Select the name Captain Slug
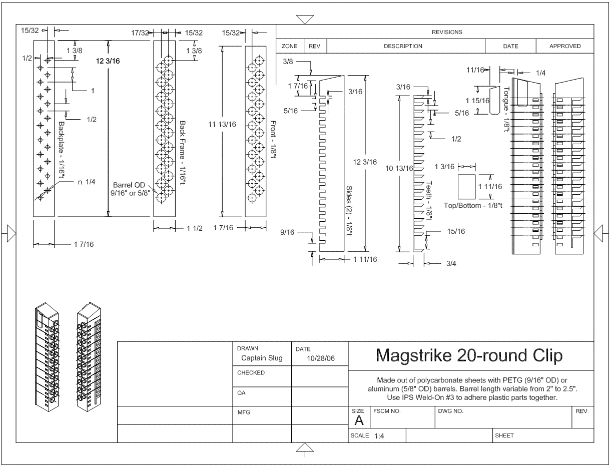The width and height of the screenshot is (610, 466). point(262,358)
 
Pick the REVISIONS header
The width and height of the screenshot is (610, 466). point(447,32)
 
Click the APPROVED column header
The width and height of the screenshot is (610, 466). point(565,46)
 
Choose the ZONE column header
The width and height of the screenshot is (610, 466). point(290,46)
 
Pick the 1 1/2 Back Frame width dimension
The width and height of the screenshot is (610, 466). point(194,228)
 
